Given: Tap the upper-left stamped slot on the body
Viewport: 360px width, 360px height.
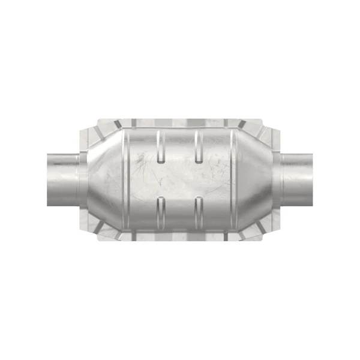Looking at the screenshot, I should pos(159,146).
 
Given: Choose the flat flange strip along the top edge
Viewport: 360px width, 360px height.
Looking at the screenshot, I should pos(180,120).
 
